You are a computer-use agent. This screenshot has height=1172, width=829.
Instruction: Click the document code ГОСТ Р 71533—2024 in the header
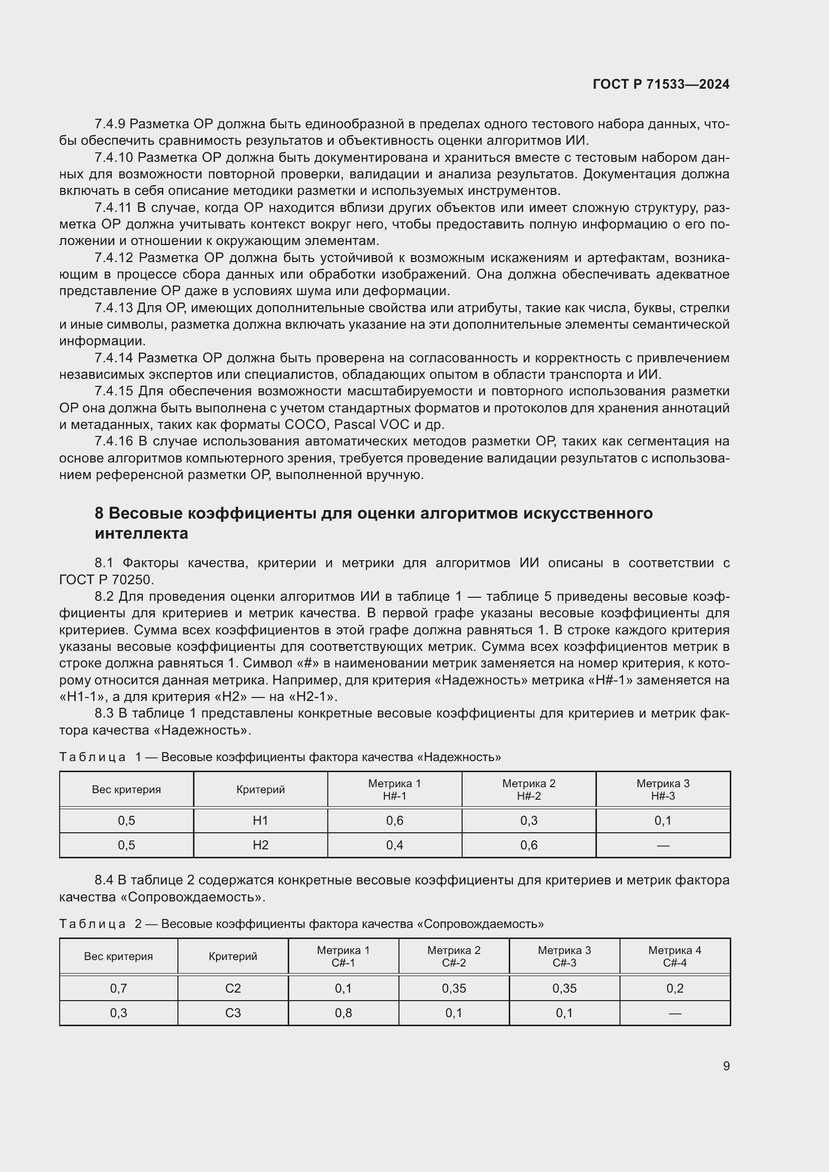[x=661, y=84]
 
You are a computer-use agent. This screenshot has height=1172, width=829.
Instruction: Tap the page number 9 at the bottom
[x=726, y=1066]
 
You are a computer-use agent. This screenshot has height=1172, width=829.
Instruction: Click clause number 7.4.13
[x=113, y=308]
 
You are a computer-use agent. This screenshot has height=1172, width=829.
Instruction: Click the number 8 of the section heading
[x=99, y=513]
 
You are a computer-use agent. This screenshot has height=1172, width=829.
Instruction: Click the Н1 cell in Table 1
[x=260, y=820]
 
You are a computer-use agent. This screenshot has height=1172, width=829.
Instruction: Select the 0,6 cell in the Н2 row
[x=529, y=845]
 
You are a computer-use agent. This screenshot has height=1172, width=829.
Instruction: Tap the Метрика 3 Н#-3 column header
[x=663, y=789]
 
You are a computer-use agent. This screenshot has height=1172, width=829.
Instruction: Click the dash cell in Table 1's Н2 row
[x=663, y=845]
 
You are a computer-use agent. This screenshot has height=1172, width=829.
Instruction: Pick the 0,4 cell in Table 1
[x=394, y=845]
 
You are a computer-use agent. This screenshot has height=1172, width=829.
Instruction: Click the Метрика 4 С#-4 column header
[x=674, y=956]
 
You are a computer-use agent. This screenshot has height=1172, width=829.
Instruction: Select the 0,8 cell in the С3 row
[x=343, y=1013]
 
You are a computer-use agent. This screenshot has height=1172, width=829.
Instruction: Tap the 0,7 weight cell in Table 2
[x=118, y=988]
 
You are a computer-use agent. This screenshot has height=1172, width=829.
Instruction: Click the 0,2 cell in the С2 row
[x=674, y=988]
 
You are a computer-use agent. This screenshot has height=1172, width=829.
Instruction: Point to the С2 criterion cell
[x=233, y=988]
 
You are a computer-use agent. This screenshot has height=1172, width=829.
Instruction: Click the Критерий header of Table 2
[x=233, y=956]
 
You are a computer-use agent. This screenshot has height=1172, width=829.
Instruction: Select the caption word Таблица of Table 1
[x=92, y=757]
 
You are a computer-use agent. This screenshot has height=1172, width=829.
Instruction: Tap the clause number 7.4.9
[x=110, y=124]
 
